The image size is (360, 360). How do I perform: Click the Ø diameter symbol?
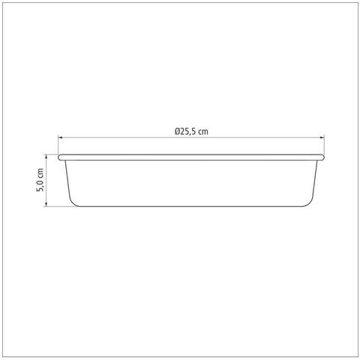178,131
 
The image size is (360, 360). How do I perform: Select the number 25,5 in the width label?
187,132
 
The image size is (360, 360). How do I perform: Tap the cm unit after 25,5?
202,132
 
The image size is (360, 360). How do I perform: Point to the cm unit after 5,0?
40,174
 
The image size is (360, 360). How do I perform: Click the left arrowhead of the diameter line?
60,137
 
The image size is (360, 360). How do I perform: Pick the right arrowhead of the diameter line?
322,137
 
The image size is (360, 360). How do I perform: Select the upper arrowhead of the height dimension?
46,156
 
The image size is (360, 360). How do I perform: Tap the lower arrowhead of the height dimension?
46,205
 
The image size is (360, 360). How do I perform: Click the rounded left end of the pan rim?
59,157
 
